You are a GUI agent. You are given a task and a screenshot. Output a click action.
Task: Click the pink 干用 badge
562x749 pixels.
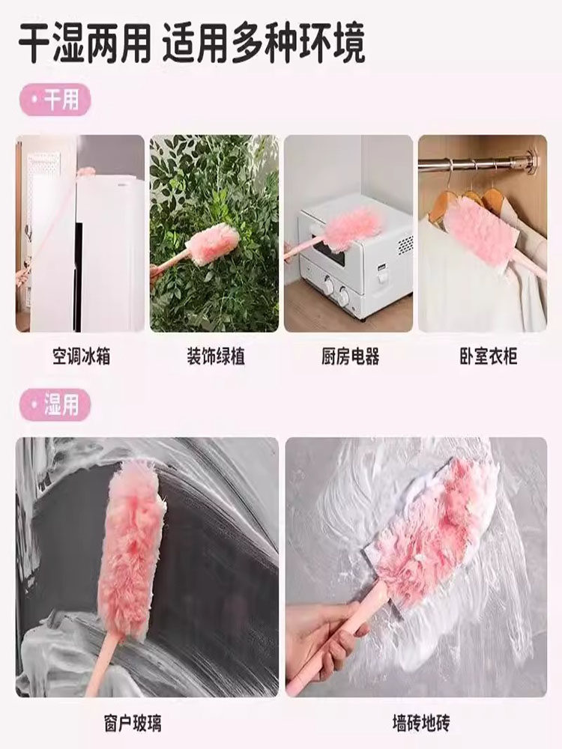[55, 100]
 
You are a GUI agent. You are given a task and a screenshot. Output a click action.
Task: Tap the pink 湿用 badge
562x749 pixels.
[55, 405]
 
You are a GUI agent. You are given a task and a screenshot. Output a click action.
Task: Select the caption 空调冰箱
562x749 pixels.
[81, 357]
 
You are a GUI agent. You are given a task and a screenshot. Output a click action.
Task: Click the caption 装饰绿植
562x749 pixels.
[216, 357]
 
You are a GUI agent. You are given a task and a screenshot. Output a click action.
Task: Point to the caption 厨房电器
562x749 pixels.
[350, 357]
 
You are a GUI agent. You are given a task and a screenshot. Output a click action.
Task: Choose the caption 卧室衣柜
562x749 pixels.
[488, 357]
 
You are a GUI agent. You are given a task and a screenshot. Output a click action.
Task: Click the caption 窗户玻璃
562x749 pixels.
[133, 724]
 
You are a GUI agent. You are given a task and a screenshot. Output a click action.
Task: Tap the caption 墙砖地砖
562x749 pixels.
[420, 724]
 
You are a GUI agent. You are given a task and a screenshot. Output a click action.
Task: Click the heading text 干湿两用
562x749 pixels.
[85, 43]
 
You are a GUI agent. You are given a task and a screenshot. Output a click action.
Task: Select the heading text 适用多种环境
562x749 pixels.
[264, 43]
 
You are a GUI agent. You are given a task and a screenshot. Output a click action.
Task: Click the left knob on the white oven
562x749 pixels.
[329, 286]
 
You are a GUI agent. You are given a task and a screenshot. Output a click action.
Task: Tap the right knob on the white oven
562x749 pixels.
[344, 295]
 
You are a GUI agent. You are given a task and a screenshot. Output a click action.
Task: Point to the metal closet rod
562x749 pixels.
[478, 161]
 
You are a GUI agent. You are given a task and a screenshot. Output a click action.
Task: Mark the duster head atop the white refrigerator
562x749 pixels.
[86, 172]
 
